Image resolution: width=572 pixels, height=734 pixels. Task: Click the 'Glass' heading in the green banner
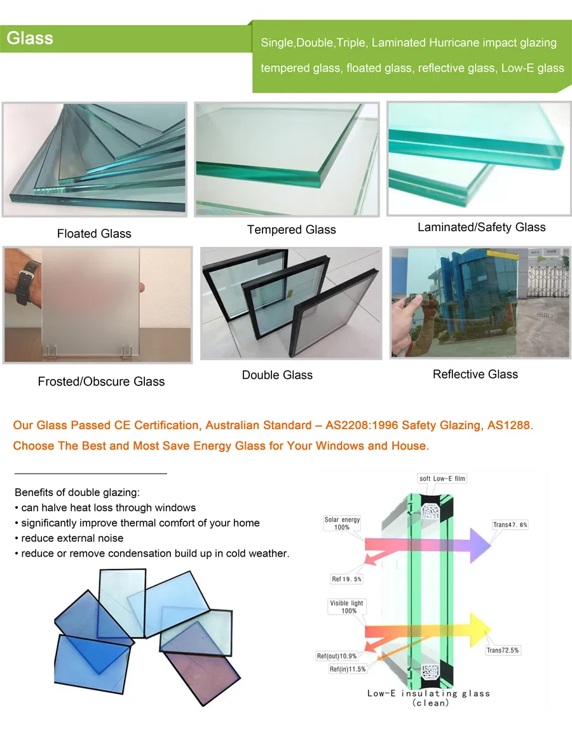tap(30, 38)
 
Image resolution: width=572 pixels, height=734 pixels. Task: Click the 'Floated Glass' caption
tap(94, 234)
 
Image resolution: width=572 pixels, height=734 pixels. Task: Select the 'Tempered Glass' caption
tap(292, 230)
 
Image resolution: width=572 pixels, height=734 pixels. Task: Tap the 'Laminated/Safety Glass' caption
tap(481, 227)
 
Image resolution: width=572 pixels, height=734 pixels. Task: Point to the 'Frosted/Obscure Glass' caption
tap(101, 382)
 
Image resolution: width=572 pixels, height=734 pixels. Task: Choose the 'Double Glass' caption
tap(277, 375)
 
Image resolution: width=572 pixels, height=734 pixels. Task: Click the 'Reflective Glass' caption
tap(475, 374)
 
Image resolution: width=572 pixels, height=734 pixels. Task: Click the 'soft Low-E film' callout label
tap(442, 479)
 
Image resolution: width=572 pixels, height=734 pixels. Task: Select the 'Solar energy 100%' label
tap(342, 523)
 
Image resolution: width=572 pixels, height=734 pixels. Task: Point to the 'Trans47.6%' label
tap(510, 524)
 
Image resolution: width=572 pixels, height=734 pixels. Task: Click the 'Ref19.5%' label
tap(346, 579)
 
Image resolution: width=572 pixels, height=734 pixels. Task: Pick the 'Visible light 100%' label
tap(347, 607)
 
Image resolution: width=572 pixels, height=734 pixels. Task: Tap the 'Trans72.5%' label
tap(503, 650)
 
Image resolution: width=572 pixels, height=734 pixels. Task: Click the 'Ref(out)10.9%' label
tap(337, 656)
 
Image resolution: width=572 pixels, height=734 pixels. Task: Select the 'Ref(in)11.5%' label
tap(348, 669)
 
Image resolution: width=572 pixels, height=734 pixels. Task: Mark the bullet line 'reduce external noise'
tap(72, 538)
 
